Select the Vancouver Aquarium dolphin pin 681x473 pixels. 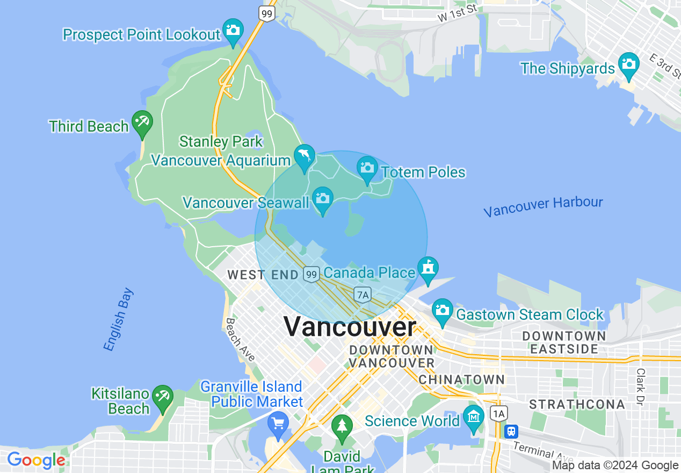(305, 156)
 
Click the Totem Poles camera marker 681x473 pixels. (367, 168)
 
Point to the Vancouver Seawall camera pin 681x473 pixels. (322, 198)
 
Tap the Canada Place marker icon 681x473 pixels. (428, 268)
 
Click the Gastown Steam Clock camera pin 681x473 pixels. (443, 310)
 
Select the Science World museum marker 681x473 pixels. (474, 417)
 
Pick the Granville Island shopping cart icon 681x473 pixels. (278, 423)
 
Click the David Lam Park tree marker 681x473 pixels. (342, 426)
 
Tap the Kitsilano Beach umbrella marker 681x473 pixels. (162, 397)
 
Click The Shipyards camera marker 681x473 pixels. (628, 64)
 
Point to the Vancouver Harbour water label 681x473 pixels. (543, 206)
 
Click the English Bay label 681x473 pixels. (118, 320)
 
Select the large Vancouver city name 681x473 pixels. (350, 327)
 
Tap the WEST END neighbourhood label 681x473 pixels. (263, 275)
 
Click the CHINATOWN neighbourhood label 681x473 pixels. (462, 379)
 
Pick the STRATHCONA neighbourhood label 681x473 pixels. (577, 404)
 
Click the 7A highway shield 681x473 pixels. (363, 294)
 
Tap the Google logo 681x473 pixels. (37, 461)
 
